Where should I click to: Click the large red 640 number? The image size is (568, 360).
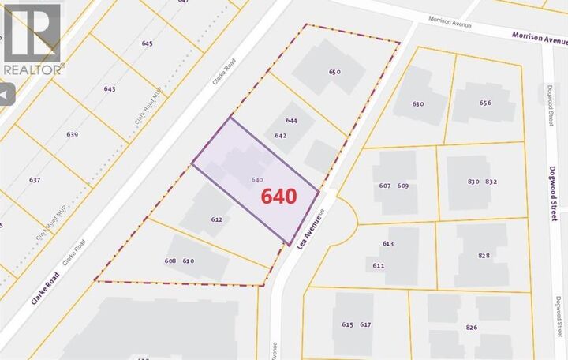coord(275,195)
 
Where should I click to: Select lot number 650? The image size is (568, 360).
coord(334,73)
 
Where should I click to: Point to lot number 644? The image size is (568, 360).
coord(292,121)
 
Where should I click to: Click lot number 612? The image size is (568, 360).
coord(217,219)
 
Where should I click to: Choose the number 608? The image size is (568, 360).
coord(170,261)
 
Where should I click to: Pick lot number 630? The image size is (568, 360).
coord(418,103)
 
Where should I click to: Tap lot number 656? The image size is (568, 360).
coord(485,103)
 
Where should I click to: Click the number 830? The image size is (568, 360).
coord(473,182)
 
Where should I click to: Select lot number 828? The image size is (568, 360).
coord(484,256)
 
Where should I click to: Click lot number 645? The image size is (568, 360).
coord(147,43)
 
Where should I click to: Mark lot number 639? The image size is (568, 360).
coord(73,135)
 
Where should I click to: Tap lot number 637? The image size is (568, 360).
coord(35,180)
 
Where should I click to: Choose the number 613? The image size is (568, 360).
coord(387,244)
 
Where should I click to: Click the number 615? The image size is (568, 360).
coord(348,324)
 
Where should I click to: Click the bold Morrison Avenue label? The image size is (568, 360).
coord(540,36)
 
